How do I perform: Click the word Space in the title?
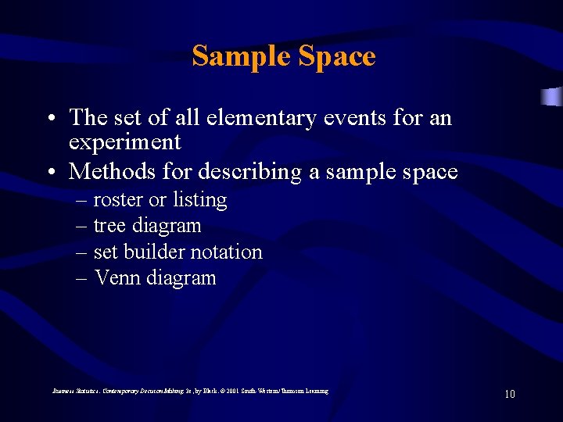[337, 56]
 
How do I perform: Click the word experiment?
[124, 143]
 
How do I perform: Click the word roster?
[118, 200]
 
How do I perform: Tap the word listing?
[199, 200]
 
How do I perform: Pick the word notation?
[232, 252]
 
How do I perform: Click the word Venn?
[117, 278]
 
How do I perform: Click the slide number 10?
[509, 394]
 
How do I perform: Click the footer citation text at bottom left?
[190, 391]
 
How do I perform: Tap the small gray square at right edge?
[552, 96]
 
